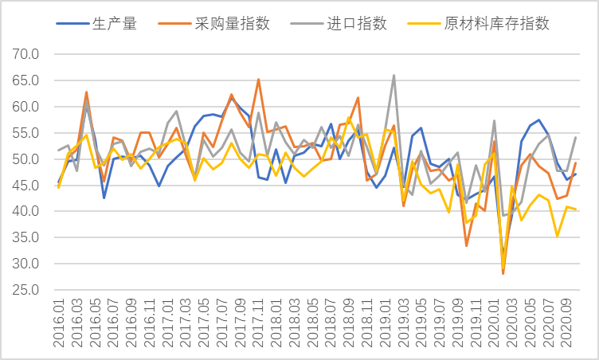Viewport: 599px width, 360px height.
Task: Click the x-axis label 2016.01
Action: pos(59,323)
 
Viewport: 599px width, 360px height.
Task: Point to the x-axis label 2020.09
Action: pos(568,323)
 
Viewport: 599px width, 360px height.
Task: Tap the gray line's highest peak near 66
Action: pos(394,76)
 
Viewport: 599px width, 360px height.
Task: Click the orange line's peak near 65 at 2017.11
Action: pos(258,80)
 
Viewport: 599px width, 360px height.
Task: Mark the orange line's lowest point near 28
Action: pos(503,273)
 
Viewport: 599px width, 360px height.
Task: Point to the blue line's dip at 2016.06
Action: pos(104,198)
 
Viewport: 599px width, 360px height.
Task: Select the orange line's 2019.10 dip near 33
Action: pos(467,245)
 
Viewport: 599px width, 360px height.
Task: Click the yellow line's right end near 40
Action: pos(576,209)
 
